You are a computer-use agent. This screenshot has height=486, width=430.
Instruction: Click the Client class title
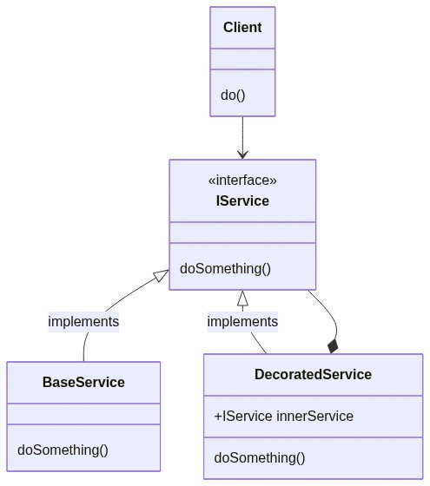pyautogui.click(x=242, y=27)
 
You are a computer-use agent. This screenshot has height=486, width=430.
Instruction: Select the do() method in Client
pyautogui.click(x=233, y=95)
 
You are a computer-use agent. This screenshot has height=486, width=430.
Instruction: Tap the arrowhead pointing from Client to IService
pyautogui.click(x=242, y=154)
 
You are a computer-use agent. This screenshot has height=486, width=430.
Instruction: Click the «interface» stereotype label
pyautogui.click(x=242, y=181)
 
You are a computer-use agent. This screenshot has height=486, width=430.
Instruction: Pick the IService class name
pyautogui.click(x=242, y=200)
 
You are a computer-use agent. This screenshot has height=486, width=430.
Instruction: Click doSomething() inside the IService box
pyautogui.click(x=226, y=269)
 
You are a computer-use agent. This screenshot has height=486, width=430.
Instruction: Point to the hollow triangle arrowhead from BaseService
pyautogui.click(x=162, y=276)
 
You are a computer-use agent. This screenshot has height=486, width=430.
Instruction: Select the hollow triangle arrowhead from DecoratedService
pyautogui.click(x=242, y=298)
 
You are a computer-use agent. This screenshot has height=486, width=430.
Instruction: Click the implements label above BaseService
pyautogui.click(x=83, y=321)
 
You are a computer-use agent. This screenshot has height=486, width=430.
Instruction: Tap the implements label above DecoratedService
pyautogui.click(x=242, y=321)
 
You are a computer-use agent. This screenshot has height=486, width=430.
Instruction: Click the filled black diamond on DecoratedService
pyautogui.click(x=333, y=346)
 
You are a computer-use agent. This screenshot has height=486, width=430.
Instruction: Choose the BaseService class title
pyautogui.click(x=83, y=382)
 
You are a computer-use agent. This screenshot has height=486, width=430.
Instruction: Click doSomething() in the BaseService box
pyautogui.click(x=63, y=450)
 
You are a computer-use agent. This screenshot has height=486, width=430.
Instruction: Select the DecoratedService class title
pyautogui.click(x=313, y=374)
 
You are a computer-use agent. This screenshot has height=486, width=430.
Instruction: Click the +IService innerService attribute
pyautogui.click(x=283, y=417)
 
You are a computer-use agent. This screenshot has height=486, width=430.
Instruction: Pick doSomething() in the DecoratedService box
pyautogui.click(x=260, y=458)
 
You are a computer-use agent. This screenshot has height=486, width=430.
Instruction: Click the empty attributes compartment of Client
pyautogui.click(x=242, y=59)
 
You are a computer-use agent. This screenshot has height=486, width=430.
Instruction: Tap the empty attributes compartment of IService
pyautogui.click(x=242, y=233)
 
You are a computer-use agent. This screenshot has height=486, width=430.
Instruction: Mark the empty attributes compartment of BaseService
pyautogui.click(x=83, y=414)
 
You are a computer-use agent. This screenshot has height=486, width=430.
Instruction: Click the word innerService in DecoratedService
pyautogui.click(x=314, y=417)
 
